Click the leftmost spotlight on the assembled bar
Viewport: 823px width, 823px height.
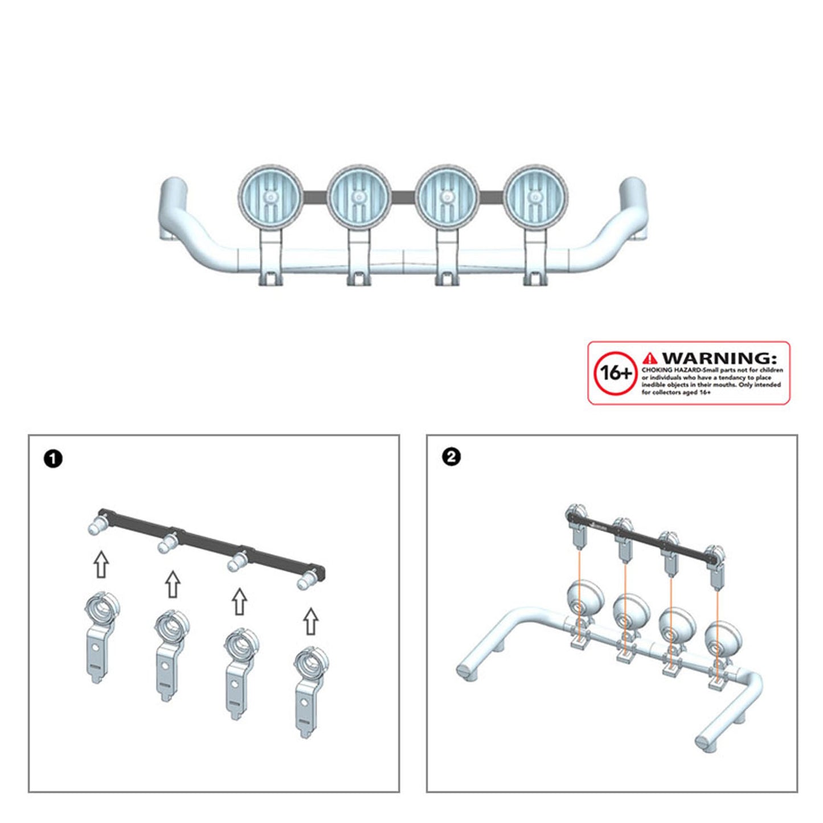pos(271,196)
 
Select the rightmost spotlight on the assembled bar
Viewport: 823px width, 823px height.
pos(535,196)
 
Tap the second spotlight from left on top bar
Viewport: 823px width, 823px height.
pos(359,196)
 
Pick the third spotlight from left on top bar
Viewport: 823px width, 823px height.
pos(448,196)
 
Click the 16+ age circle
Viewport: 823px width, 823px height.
pos(616,373)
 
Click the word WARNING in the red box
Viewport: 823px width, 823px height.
pos(719,358)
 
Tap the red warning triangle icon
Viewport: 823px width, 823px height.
pos(650,358)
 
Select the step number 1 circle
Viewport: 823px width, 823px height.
pos(53,460)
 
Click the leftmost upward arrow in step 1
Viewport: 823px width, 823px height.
pos(101,564)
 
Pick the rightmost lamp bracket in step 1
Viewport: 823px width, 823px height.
pos(310,693)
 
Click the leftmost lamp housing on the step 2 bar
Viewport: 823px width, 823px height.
pos(585,599)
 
